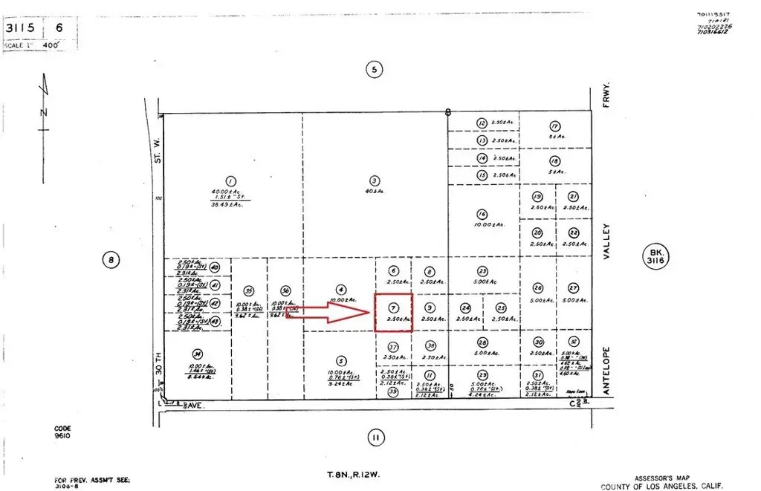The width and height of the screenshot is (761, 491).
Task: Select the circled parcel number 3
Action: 375,180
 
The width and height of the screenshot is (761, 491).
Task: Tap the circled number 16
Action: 482,214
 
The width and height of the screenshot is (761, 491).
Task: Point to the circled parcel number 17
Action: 554,126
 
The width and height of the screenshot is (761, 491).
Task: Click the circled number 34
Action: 197,354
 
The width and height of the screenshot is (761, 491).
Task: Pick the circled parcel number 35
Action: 249,291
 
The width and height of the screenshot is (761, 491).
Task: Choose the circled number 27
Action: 573,288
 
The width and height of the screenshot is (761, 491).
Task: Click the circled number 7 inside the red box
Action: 393,307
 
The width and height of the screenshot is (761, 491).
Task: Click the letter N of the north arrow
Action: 45,112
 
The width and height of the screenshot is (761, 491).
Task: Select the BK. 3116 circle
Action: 654,258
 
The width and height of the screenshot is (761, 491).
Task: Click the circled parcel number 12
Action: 482,123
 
